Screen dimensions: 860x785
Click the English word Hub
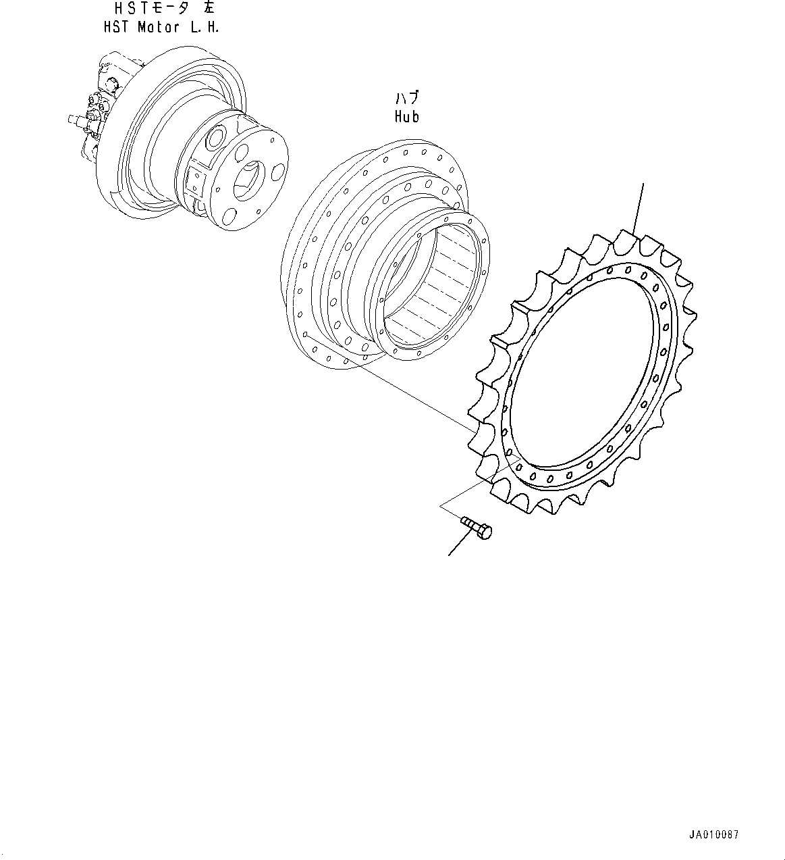coord(407,116)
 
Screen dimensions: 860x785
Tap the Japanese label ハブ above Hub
coord(407,99)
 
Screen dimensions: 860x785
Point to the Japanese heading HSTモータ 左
coord(165,9)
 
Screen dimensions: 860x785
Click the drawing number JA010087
coord(714,835)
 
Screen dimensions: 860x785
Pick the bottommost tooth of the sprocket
coord(520,503)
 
